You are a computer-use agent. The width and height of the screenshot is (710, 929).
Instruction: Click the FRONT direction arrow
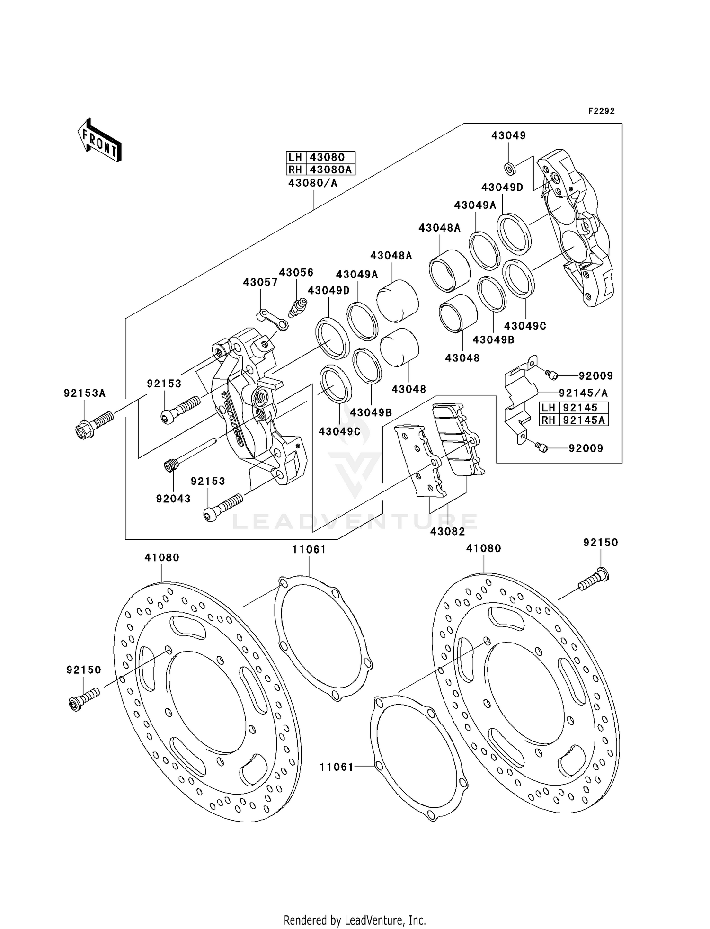pos(100,141)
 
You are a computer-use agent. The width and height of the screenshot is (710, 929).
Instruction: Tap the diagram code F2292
pos(601,111)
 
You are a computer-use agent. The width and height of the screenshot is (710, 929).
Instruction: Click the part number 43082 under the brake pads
pos(447,531)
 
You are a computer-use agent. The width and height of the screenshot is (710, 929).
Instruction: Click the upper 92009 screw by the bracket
pos(551,375)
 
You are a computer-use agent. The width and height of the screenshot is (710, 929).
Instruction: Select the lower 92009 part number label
pos(586,448)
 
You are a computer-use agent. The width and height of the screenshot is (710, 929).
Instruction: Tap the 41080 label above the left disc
pos(162,558)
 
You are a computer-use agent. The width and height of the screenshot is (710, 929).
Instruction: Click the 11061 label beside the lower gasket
pos(336,767)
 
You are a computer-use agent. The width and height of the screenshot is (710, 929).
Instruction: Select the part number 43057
pos(260,282)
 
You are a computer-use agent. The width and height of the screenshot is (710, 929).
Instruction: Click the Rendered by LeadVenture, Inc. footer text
pos(355,920)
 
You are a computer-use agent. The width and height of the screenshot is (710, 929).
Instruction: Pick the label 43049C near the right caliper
pos(525,326)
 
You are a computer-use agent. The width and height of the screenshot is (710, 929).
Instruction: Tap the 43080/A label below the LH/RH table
pos(313,183)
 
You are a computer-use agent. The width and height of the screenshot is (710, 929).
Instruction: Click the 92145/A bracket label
pos(583,393)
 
